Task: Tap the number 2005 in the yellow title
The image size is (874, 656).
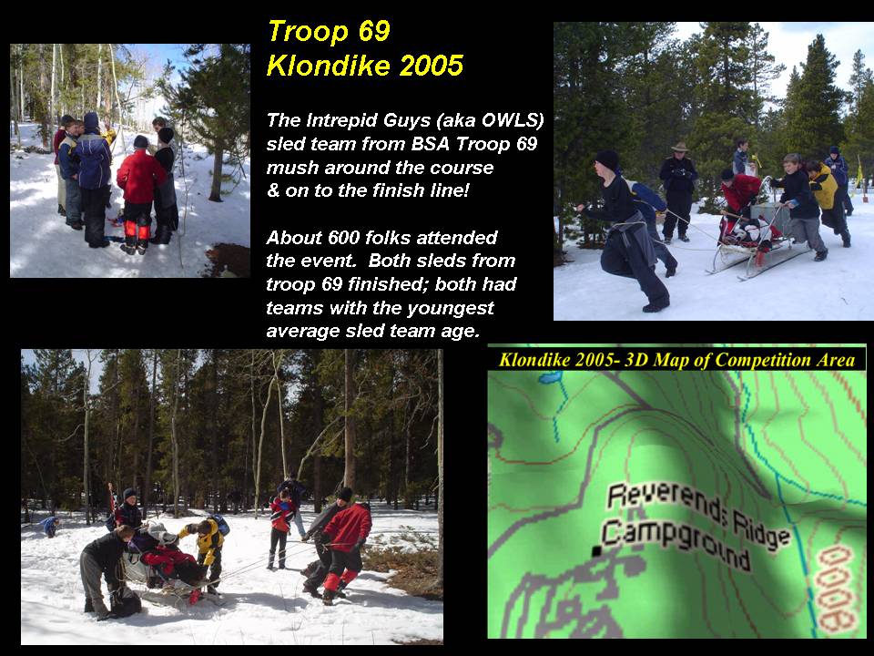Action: click(x=431, y=66)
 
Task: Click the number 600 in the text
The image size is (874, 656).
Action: click(x=346, y=238)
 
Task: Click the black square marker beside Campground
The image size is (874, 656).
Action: click(x=596, y=551)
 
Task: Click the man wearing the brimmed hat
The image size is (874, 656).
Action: click(x=677, y=191)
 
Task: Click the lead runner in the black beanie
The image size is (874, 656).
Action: click(x=627, y=229)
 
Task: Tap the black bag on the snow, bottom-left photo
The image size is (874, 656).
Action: click(x=125, y=601)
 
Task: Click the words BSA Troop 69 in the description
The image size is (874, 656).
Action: click(x=473, y=144)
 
